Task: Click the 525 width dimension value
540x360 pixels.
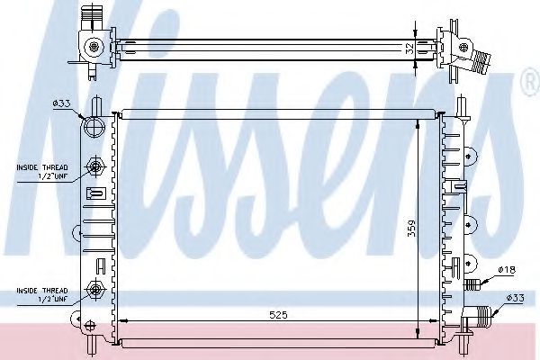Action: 278,314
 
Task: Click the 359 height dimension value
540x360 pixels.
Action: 411,228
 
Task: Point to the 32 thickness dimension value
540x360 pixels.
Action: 409,48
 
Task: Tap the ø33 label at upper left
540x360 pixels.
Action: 61,103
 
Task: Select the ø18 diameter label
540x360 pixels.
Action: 508,270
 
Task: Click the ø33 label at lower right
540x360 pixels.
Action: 516,298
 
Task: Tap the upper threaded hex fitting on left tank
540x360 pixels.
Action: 95,166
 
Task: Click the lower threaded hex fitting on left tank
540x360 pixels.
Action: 95,289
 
